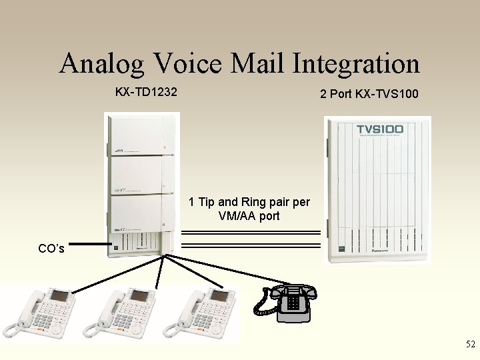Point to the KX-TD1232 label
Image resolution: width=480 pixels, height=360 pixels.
click(146, 92)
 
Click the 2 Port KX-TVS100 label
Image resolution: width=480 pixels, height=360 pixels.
click(369, 94)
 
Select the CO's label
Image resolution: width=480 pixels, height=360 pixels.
click(51, 249)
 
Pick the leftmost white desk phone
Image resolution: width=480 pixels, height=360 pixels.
click(41, 312)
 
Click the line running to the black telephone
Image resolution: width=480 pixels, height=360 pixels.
click(227, 268)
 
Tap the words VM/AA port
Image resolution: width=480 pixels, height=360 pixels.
click(249, 216)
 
